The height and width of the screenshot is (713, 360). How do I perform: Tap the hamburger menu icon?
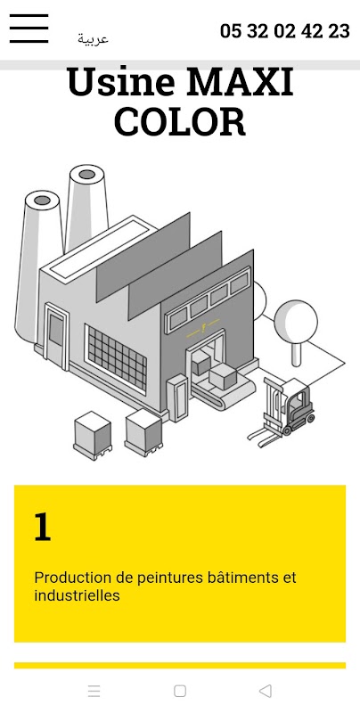[x=29, y=29]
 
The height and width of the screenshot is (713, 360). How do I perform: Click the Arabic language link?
[x=93, y=39]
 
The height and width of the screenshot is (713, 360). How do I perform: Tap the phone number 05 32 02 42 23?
[x=285, y=31]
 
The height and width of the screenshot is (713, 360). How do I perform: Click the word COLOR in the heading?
[x=180, y=122]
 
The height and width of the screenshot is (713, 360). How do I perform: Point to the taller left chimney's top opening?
[x=42, y=200]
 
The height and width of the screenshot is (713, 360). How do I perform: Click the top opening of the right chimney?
[x=86, y=174]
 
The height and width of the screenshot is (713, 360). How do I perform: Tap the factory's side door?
[x=57, y=336]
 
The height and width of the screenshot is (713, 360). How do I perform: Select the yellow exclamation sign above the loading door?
[x=203, y=328]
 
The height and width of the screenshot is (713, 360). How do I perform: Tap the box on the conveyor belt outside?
[x=223, y=376]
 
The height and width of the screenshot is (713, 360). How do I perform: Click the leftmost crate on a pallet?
[x=93, y=435]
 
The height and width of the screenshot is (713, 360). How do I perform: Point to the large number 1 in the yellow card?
[x=42, y=527]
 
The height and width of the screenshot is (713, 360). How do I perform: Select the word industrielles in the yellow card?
[x=77, y=595]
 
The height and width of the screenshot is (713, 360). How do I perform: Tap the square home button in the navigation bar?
[x=180, y=692]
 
